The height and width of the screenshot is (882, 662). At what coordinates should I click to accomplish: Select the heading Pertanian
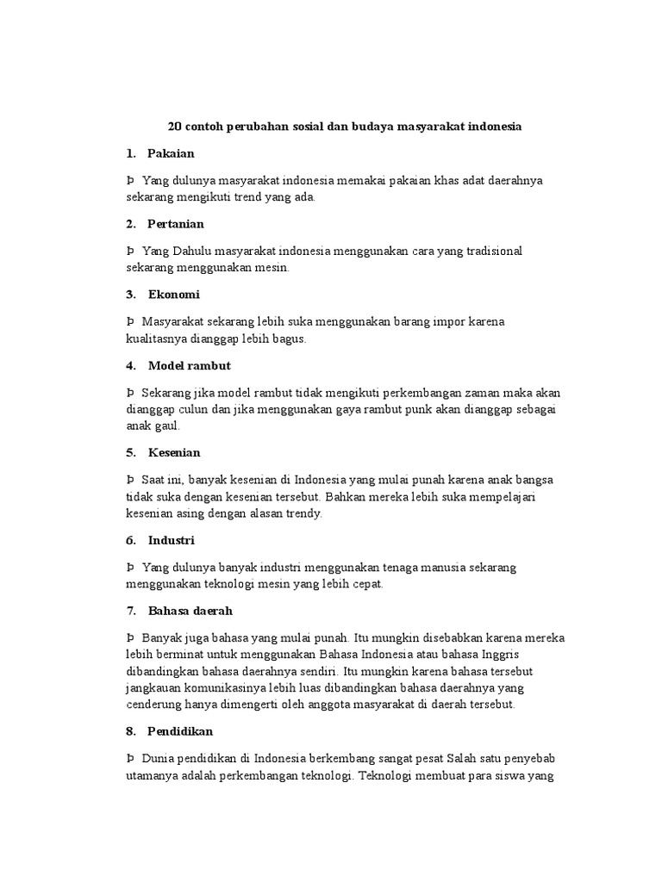(x=176, y=224)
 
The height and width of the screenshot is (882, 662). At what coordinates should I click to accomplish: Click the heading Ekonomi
(x=173, y=295)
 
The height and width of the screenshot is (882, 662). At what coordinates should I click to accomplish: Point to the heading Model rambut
(x=189, y=365)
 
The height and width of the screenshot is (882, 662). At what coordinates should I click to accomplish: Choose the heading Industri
(x=172, y=540)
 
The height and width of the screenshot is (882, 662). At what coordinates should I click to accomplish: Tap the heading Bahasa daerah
(x=190, y=611)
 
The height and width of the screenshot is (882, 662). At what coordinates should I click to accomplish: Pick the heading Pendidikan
(x=180, y=730)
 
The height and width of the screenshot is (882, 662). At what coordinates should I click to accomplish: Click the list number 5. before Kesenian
(x=131, y=452)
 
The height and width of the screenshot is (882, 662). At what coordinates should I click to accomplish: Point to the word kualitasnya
(x=160, y=339)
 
